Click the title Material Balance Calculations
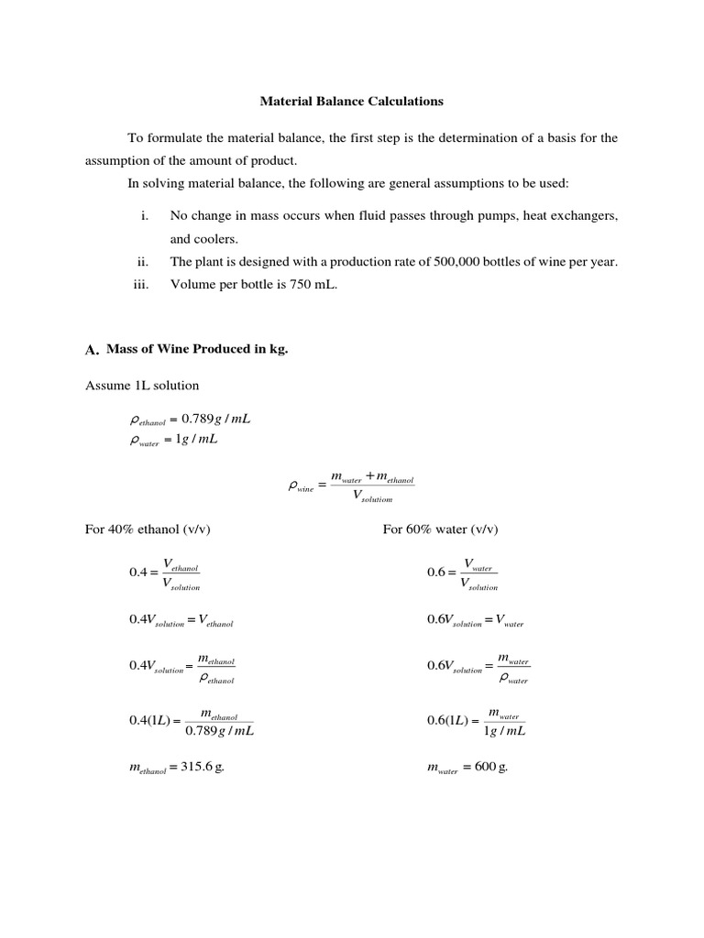352,101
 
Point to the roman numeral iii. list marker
140,284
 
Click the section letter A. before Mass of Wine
91,350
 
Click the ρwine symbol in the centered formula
300,488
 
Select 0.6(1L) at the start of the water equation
448,721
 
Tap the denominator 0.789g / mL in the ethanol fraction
219,731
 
